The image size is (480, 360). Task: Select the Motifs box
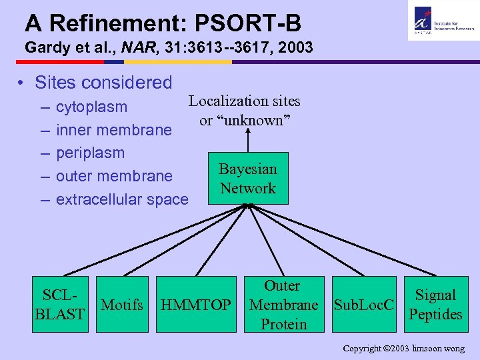(121, 305)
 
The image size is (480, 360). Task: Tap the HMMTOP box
(197, 305)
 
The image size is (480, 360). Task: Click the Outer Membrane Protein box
(283, 305)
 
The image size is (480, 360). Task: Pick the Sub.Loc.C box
(364, 305)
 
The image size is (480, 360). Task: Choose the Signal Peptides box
(435, 305)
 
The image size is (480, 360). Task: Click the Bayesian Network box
(248, 179)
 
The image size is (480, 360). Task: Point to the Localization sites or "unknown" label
(244, 111)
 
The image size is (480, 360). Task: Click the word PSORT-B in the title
(248, 24)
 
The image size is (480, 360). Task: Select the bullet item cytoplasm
(91, 107)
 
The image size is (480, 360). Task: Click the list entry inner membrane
(113, 130)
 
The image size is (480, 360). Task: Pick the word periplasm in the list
(90, 153)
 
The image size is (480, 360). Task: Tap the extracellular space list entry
(122, 199)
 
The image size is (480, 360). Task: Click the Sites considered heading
(103, 83)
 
